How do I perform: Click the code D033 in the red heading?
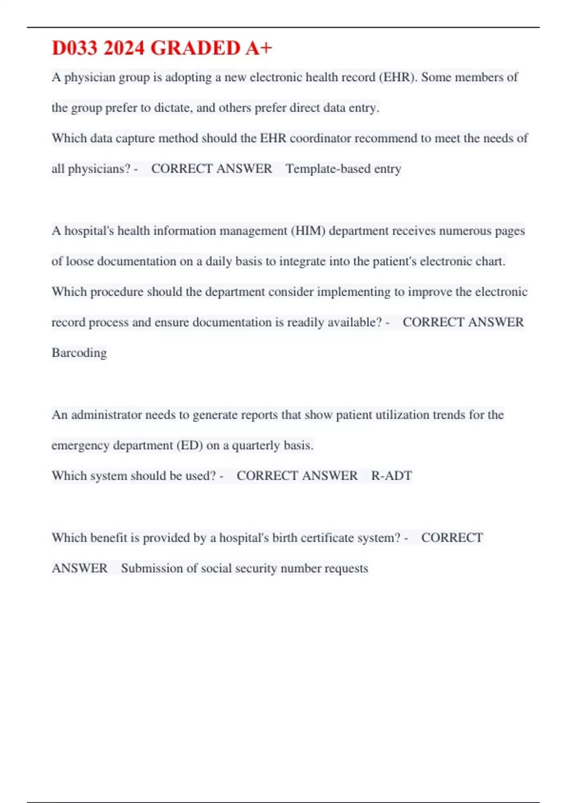click(x=75, y=48)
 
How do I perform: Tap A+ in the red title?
click(x=258, y=48)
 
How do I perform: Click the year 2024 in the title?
click(x=123, y=48)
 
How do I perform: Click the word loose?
click(x=79, y=261)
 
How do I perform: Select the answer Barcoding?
click(x=79, y=353)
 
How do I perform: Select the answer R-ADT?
click(x=391, y=476)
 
